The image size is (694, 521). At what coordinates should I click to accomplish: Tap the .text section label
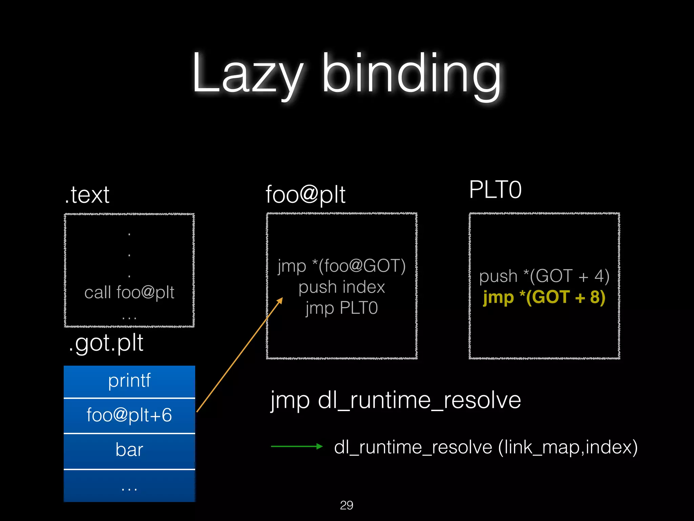pyautogui.click(x=87, y=195)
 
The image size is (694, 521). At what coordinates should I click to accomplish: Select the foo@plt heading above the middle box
pyautogui.click(x=305, y=195)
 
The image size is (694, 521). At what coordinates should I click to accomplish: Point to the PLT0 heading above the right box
pyautogui.click(x=495, y=190)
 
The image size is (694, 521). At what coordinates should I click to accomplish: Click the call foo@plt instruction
pyautogui.click(x=129, y=292)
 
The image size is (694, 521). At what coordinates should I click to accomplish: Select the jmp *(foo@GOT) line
pyautogui.click(x=342, y=266)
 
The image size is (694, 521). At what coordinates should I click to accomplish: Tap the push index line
pyautogui.click(x=342, y=287)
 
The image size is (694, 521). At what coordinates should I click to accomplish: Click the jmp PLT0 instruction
pyautogui.click(x=342, y=308)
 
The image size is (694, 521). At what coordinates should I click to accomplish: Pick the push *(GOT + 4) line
pyautogui.click(x=544, y=276)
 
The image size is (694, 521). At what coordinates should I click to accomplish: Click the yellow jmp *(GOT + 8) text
pyautogui.click(x=544, y=297)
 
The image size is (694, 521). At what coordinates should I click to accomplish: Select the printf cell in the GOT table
pyautogui.click(x=129, y=381)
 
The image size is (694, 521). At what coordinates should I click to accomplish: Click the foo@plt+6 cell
pyautogui.click(x=129, y=415)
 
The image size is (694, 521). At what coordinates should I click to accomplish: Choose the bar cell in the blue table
pyautogui.click(x=129, y=450)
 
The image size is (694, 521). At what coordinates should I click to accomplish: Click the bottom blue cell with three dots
pyautogui.click(x=129, y=486)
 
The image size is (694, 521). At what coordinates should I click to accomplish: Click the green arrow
pyautogui.click(x=297, y=446)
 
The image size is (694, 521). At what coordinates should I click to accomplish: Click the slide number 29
pyautogui.click(x=346, y=505)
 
